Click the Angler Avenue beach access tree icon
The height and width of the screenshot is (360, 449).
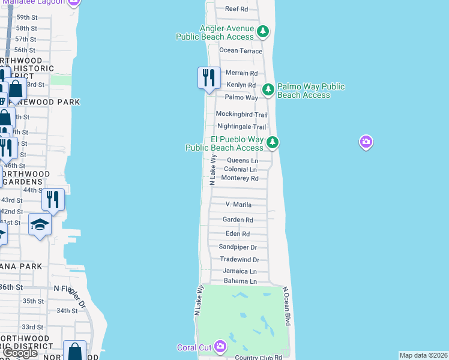pos(262,31)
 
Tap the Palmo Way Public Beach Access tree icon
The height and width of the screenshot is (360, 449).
pos(268,89)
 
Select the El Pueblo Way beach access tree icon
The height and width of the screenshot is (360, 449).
pos(273,142)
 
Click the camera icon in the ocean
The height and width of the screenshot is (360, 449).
pos(366,142)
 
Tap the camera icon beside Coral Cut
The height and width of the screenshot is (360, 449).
pos(220,346)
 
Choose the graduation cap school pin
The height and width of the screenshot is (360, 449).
pos(40,226)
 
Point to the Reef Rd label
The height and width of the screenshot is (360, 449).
pos(236,9)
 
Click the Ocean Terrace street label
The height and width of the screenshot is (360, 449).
pos(241,51)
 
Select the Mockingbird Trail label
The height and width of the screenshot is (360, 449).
pos(242,115)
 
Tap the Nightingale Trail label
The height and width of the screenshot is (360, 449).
pos(241,127)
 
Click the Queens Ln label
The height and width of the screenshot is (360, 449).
pos(243,161)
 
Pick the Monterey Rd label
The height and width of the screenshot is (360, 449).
pos(240,178)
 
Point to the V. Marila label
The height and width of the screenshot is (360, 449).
pos(238,205)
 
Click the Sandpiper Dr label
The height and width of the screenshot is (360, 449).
pos(238,247)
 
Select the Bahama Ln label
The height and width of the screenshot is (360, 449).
pos(240,281)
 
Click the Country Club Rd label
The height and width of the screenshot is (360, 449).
pos(259,358)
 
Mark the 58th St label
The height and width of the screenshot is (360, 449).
pos(26,28)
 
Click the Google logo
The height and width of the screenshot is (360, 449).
pos(20,353)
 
